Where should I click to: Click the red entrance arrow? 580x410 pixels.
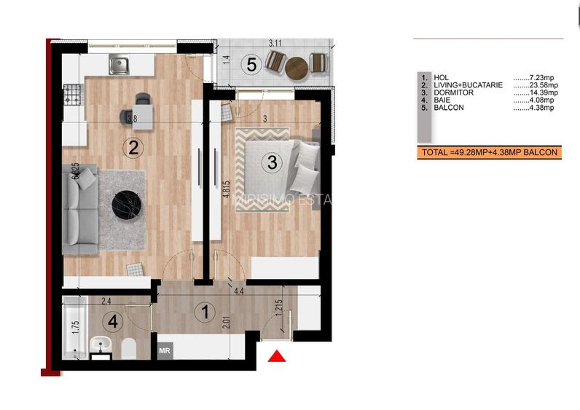coord(276,356)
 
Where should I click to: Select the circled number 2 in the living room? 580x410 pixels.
coord(133,148)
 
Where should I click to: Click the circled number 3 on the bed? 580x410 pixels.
coord(272,163)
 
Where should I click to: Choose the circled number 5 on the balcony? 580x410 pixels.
coord(251,65)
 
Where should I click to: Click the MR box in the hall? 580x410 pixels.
coord(165,350)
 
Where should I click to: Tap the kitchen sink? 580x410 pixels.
coord(119,66)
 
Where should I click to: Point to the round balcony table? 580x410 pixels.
coord(297,68)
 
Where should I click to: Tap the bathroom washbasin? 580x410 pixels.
coord(101,344)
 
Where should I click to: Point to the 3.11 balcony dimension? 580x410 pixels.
coord(275,44)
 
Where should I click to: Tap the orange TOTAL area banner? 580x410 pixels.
coord(488,152)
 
